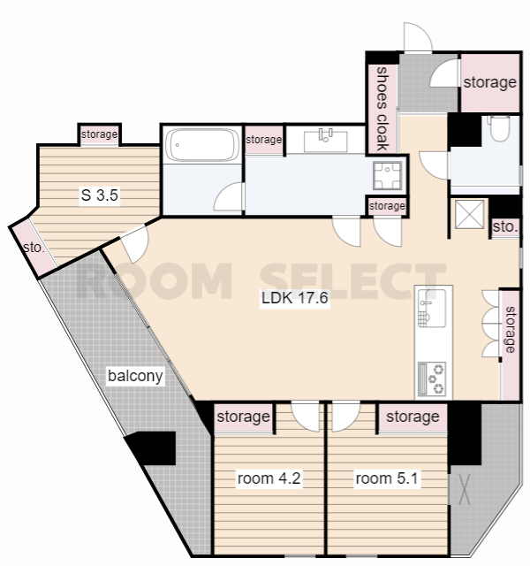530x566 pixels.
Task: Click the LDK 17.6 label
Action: (294, 298)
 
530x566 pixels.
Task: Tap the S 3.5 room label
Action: (100, 195)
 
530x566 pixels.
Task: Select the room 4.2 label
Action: (269, 478)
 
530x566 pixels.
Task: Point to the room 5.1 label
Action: (387, 478)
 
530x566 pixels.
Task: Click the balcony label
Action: (135, 376)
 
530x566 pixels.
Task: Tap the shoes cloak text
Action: (382, 108)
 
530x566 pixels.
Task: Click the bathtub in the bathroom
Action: (202, 145)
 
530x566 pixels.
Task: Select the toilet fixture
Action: (499, 128)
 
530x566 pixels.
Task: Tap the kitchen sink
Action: (432, 309)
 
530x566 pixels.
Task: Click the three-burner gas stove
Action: (432, 379)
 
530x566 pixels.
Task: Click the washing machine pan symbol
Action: (387, 176)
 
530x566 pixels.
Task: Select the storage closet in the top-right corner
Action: (490, 82)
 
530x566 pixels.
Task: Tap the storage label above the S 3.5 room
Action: (99, 134)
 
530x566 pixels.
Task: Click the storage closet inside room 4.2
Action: (244, 417)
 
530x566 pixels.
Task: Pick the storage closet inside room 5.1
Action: (413, 417)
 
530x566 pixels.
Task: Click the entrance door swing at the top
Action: (418, 37)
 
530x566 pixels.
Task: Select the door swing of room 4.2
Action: (305, 416)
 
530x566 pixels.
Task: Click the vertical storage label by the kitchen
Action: (511, 329)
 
